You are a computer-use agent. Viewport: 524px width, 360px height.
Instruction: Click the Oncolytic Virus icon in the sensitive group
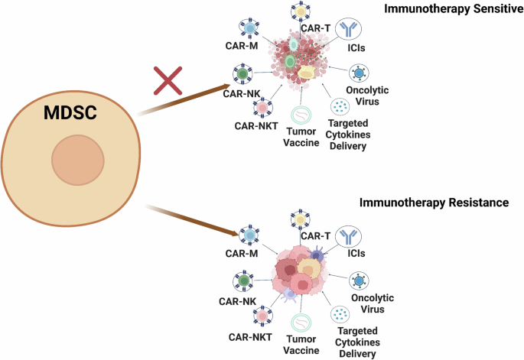click(360, 73)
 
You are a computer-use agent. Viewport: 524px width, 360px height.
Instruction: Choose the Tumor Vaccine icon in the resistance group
click(301, 323)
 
